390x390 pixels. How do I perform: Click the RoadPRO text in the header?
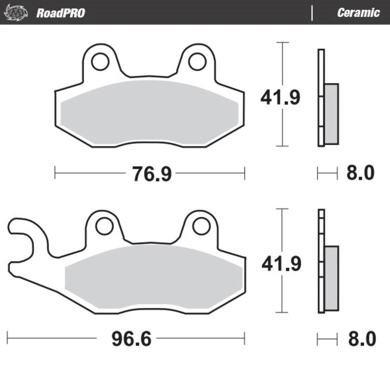[x=61, y=13]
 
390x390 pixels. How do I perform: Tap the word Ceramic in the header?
[x=358, y=13]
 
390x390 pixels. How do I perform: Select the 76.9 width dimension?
[x=152, y=174]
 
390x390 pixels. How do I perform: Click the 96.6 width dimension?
[x=131, y=338]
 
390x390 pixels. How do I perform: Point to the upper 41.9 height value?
[x=280, y=98]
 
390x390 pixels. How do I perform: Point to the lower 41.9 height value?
[x=281, y=264]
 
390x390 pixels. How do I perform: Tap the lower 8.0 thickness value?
[x=362, y=339]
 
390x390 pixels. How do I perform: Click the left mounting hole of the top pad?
[x=100, y=62]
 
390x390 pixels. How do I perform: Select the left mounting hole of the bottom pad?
[x=104, y=226]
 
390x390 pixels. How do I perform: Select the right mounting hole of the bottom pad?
[x=201, y=226]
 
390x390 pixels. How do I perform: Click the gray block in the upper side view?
[x=331, y=113]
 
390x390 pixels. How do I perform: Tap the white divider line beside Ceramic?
[x=312, y=13]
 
